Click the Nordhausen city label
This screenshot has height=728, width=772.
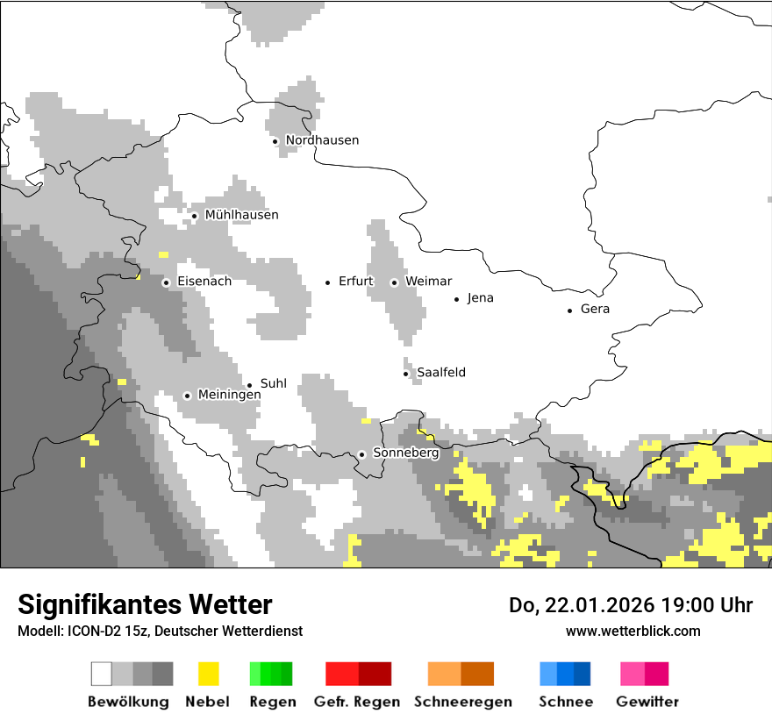pyautogui.click(x=322, y=140)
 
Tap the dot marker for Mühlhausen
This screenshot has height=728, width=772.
pyautogui.click(x=194, y=216)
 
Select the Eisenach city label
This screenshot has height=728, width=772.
pyautogui.click(x=204, y=282)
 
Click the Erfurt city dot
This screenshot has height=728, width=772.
pyautogui.click(x=328, y=282)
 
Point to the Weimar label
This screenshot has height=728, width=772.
pyautogui.click(x=428, y=282)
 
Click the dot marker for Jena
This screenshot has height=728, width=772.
pyautogui.click(x=456, y=299)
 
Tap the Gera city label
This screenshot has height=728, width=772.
pyautogui.click(x=595, y=309)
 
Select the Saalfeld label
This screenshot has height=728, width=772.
pyautogui.click(x=441, y=373)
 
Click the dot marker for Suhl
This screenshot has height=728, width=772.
pyautogui.click(x=249, y=385)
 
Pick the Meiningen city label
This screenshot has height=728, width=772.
pyautogui.click(x=229, y=395)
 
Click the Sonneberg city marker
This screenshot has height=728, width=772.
pyautogui.click(x=361, y=454)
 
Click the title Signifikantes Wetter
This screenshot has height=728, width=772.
pyautogui.click(x=145, y=604)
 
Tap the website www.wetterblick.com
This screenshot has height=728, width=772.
pyautogui.click(x=633, y=631)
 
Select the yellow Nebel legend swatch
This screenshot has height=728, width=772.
pyautogui.click(x=208, y=674)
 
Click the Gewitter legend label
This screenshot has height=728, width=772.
pyautogui.click(x=647, y=702)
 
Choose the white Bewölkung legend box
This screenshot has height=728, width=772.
pyautogui.click(x=102, y=674)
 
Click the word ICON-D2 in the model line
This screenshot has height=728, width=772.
pyautogui.click(x=91, y=631)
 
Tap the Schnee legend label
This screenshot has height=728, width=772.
pyautogui.click(x=566, y=702)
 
